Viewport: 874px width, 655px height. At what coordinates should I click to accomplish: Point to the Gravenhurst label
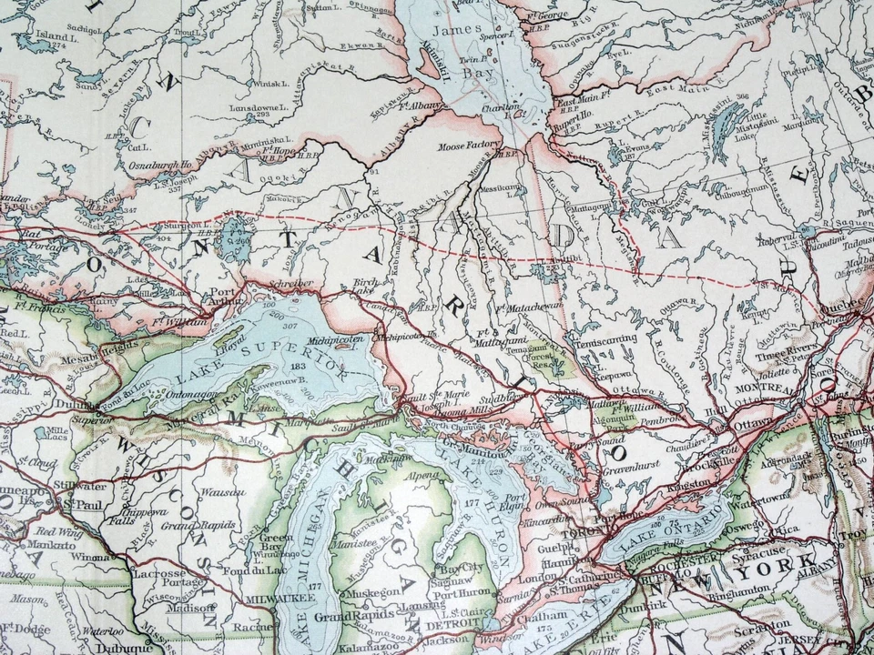click(630, 474)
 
